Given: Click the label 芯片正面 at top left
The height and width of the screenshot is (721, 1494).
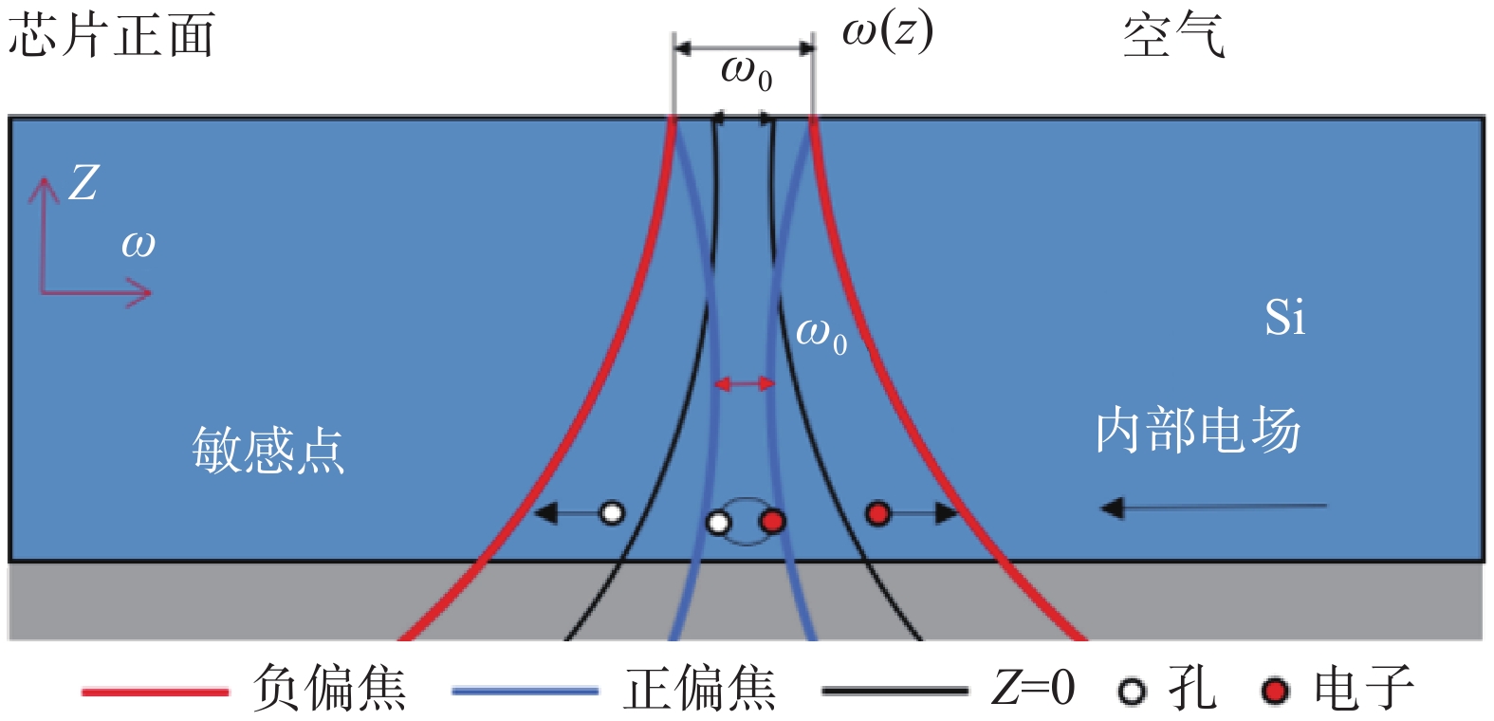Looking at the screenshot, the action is pyautogui.click(x=111, y=35).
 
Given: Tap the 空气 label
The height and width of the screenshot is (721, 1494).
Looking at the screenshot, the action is pyautogui.click(x=1174, y=36).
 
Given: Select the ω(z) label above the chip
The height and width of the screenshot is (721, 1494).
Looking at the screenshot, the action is pyautogui.click(x=888, y=32).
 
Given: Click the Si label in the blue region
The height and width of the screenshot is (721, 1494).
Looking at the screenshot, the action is pyautogui.click(x=1284, y=318).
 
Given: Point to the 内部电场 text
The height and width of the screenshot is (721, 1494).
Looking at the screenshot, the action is pyautogui.click(x=1199, y=430).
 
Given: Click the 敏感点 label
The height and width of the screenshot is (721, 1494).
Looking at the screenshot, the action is pyautogui.click(x=268, y=451).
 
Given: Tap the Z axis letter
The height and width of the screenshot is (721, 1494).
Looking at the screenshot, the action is pyautogui.click(x=84, y=183).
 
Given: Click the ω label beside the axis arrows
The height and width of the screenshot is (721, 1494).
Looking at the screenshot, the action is pyautogui.click(x=138, y=246).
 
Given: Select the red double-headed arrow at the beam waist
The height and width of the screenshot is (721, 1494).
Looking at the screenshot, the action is pyautogui.click(x=745, y=383).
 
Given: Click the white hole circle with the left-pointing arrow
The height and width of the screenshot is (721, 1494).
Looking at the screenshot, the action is pyautogui.click(x=612, y=513).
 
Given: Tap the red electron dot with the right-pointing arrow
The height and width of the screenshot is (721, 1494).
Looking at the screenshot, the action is pyautogui.click(x=877, y=513).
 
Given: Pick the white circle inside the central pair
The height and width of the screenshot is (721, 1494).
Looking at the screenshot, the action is pyautogui.click(x=718, y=522).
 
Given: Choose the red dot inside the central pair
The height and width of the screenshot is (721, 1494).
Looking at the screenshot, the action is pyautogui.click(x=772, y=521).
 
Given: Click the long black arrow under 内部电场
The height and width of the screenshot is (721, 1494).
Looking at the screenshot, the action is pyautogui.click(x=1213, y=508).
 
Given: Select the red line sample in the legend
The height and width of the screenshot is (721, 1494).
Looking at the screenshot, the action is pyautogui.click(x=156, y=692).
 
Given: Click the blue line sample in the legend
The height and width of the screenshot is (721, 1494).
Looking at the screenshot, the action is pyautogui.click(x=526, y=691).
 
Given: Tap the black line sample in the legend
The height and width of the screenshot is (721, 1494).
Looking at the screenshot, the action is pyautogui.click(x=895, y=691).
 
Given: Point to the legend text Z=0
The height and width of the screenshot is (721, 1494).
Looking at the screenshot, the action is pyautogui.click(x=1033, y=688).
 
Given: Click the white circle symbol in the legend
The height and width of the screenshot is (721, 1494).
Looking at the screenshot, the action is pyautogui.click(x=1132, y=691).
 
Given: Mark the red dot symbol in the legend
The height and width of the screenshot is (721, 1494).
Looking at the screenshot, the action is pyautogui.click(x=1275, y=691).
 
